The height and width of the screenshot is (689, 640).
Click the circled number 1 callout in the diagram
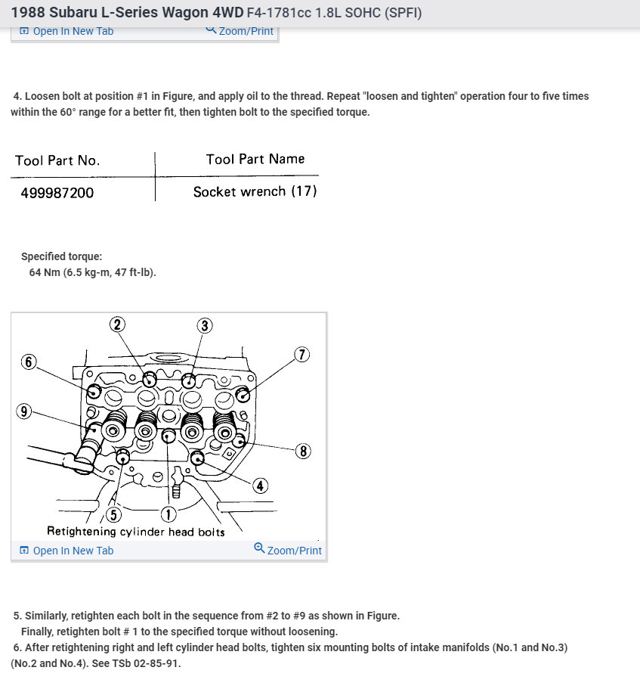pos(168,514)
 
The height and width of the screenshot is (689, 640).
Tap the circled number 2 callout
pos(116,324)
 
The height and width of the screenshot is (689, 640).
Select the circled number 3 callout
pos(205,326)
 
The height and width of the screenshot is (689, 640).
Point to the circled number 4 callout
pos(260,486)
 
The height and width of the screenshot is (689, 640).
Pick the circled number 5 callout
pos(113,514)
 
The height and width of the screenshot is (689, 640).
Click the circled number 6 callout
pos(29,362)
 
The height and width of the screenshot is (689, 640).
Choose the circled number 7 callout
pos(301,355)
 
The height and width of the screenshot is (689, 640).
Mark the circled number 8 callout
pos(303,452)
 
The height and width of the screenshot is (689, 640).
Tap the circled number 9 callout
pos(24,411)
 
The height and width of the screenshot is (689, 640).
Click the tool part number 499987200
pos(57,193)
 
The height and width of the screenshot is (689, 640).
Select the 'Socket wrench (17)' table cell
pos(255,192)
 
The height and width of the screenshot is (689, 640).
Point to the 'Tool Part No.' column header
pos(57,160)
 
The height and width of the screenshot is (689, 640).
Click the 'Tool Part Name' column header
pos(255,159)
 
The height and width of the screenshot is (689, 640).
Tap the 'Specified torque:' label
pos(61,256)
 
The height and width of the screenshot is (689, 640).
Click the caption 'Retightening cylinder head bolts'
pos(136,532)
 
